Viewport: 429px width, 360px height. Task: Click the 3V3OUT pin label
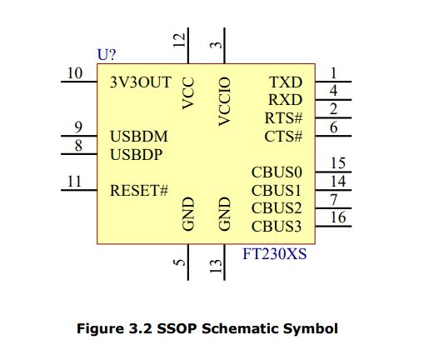coord(141,82)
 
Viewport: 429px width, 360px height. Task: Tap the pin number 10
coord(75,73)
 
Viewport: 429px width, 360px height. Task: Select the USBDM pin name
coord(139,137)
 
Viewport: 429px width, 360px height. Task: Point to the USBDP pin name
coord(137,155)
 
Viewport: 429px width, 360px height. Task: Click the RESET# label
coord(139,191)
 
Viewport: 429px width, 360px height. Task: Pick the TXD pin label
coord(286,82)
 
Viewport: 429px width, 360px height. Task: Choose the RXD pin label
coord(285,100)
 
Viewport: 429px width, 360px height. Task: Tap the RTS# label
coord(283,118)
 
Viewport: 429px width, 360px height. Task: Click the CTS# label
coord(283,137)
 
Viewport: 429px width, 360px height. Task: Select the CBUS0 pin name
coord(277,172)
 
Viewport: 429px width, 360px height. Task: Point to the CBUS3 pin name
coord(277,227)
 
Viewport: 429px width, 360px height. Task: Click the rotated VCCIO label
coord(225,102)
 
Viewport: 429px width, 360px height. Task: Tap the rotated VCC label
coord(188,93)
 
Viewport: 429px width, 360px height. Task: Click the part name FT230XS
coord(275,254)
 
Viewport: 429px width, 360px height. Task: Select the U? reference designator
coord(107,55)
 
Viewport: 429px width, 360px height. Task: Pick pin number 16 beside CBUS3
coord(338,217)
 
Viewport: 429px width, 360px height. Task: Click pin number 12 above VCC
coord(179,40)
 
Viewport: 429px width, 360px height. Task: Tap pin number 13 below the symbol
coord(216,266)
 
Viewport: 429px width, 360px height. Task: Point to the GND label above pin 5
coord(188,213)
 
